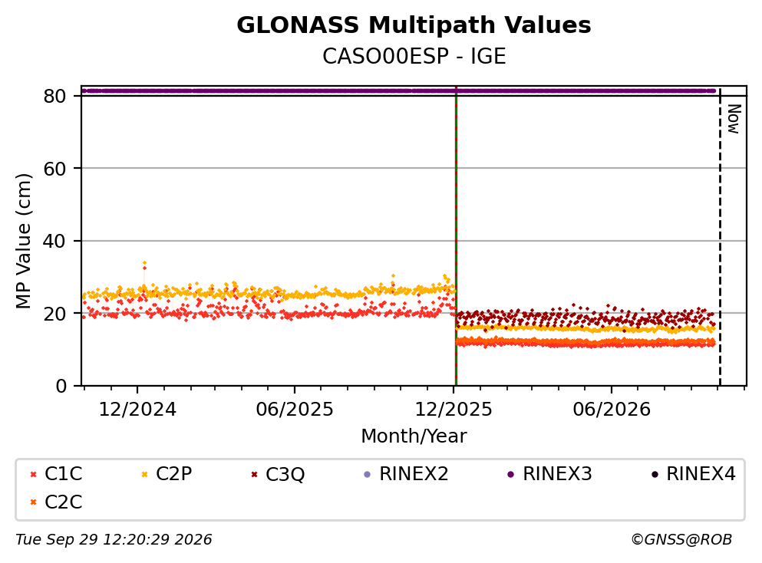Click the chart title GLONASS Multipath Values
pyautogui.click(x=414, y=25)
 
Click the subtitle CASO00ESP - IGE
pyautogui.click(x=414, y=56)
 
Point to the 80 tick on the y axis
pyautogui.click(x=54, y=96)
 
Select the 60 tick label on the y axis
pyautogui.click(x=54, y=169)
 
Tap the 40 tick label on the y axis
pyautogui.click(x=54, y=241)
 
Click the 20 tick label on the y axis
pyautogui.click(x=54, y=314)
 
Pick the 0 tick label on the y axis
pyautogui.click(x=61, y=386)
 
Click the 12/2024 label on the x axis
pyautogui.click(x=137, y=410)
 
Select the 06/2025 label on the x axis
pyautogui.click(x=295, y=410)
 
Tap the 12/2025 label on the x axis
pyautogui.click(x=454, y=410)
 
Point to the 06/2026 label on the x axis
pyautogui.click(x=612, y=410)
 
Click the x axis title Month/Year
pyautogui.click(x=414, y=436)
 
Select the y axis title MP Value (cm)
pyautogui.click(x=23, y=241)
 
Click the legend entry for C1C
pyautogui.click(x=56, y=473)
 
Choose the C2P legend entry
pyautogui.click(x=167, y=473)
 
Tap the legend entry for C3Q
pyautogui.click(x=278, y=474)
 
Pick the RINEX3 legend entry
pyautogui.click(x=549, y=473)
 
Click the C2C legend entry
pyautogui.click(x=56, y=502)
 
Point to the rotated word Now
pyautogui.click(x=734, y=119)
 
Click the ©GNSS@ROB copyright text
pyautogui.click(x=681, y=539)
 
